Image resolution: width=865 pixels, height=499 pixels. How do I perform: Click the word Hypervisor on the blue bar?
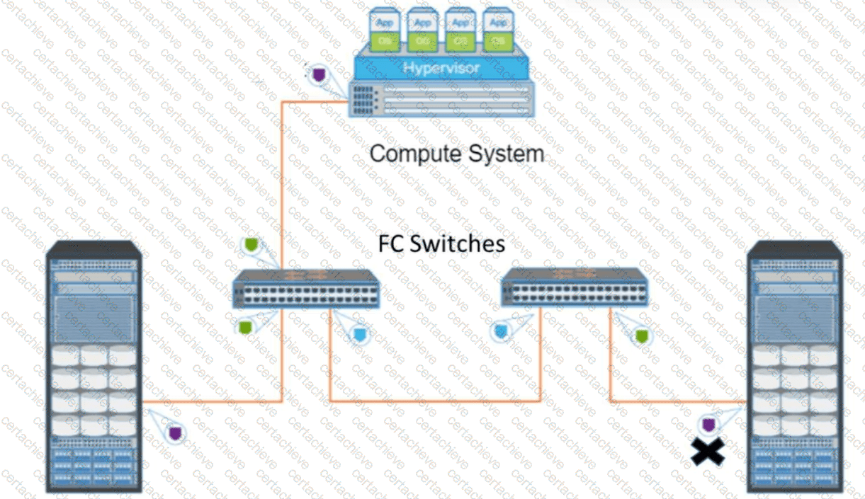pyautogui.click(x=441, y=68)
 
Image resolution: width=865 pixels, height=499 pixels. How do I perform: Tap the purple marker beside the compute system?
pyautogui.click(x=319, y=73)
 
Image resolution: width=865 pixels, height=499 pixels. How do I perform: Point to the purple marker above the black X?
pyautogui.click(x=708, y=425)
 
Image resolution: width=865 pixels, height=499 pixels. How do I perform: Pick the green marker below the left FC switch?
pyautogui.click(x=245, y=327)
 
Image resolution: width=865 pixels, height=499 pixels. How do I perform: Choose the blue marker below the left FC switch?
pyautogui.click(x=359, y=333)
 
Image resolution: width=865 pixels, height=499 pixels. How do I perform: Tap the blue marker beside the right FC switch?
pyautogui.click(x=502, y=331)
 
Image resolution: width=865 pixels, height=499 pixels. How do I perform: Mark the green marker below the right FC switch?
pyautogui.click(x=642, y=335)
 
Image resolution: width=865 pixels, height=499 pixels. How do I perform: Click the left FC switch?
pyautogui.click(x=306, y=288)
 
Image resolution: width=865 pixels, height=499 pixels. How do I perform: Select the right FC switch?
pyautogui.click(x=573, y=287)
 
